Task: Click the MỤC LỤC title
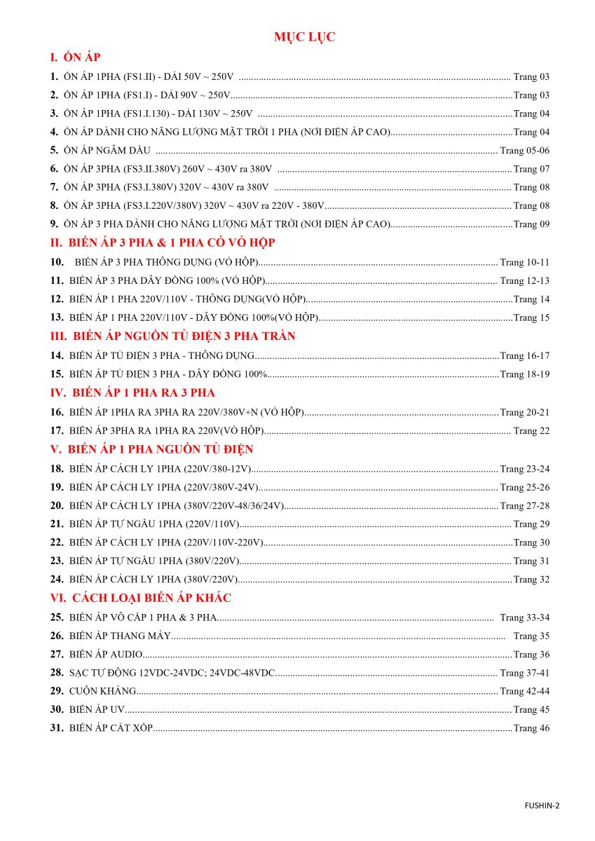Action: point(305,37)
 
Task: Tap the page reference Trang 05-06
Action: point(525,151)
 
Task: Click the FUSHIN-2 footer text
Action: point(542,805)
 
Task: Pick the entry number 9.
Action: point(54,224)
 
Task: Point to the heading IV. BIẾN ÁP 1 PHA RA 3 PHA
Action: point(132,392)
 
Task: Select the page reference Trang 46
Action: point(532,728)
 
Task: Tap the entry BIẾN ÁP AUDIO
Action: point(106,655)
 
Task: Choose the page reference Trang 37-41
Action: point(525,673)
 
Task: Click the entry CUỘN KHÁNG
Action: point(102,691)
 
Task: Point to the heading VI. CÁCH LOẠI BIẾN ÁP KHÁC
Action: point(140,598)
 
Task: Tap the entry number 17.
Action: point(57,430)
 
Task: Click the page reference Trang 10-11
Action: point(525,262)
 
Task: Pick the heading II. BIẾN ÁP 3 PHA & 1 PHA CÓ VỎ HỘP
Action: point(163,242)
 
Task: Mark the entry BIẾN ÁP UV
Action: point(97,710)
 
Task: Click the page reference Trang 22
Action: point(532,430)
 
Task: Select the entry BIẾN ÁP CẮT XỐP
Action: point(111,728)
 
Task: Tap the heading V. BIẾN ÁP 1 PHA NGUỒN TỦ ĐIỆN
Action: point(151,449)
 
